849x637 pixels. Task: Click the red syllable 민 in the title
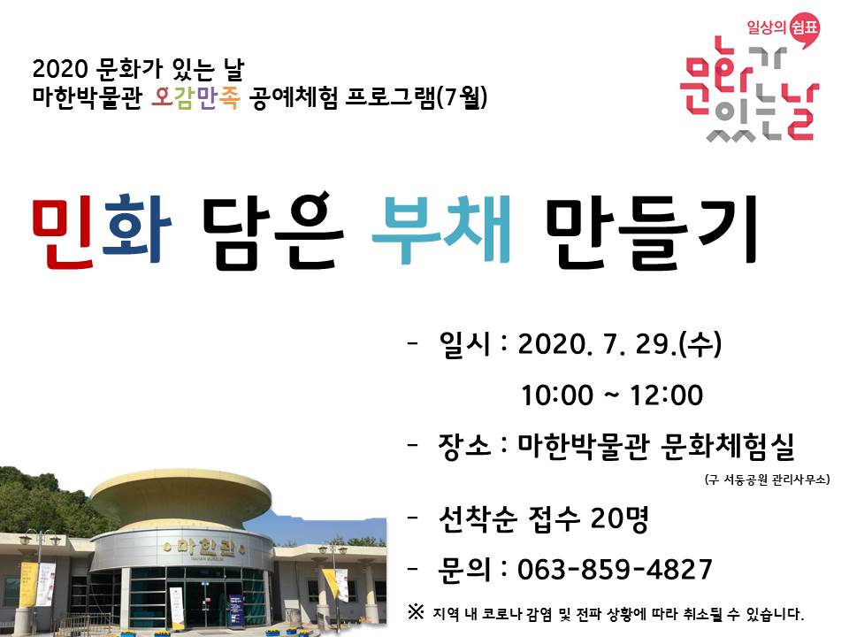click(x=65, y=232)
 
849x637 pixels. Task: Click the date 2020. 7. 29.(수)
click(x=618, y=343)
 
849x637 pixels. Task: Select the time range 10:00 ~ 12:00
click(x=612, y=395)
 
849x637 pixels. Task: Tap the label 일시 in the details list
click(x=462, y=343)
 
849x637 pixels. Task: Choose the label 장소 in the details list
click(x=462, y=446)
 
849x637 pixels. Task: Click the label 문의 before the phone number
click(x=462, y=568)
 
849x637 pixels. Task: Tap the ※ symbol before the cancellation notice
click(x=416, y=611)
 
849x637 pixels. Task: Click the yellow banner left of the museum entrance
click(x=27, y=585)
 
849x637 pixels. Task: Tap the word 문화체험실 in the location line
click(x=727, y=446)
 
